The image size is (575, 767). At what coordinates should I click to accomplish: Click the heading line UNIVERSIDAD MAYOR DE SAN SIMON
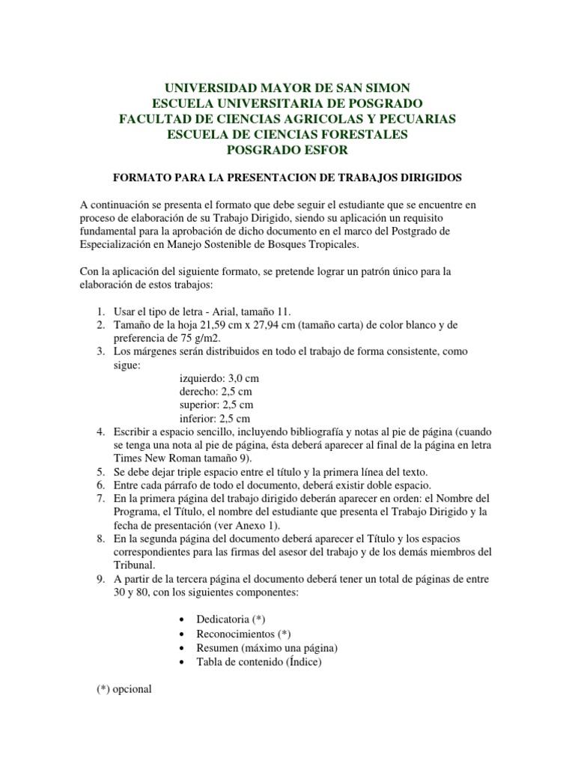tap(287, 88)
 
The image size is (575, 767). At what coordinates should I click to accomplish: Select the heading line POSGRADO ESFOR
tap(287, 150)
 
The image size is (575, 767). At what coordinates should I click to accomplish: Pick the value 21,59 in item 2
tap(225, 324)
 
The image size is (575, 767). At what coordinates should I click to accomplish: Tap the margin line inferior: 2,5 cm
tap(215, 418)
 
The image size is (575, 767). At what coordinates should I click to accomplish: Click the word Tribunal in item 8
tap(134, 566)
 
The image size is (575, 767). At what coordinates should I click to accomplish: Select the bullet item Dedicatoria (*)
tap(230, 619)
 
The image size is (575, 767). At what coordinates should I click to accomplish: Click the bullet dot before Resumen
tap(183, 647)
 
